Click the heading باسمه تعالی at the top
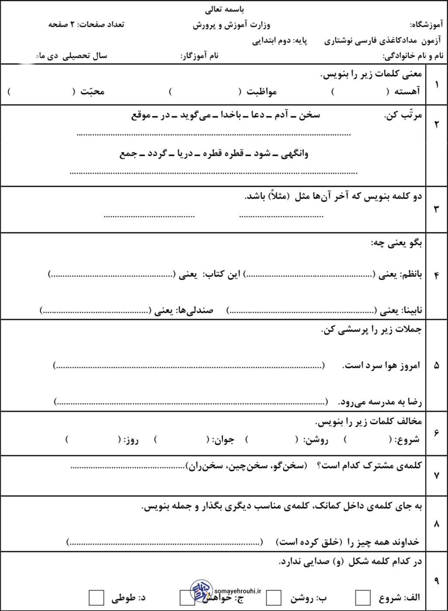[x=224, y=9]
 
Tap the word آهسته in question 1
[x=407, y=91]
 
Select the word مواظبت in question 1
[x=261, y=91]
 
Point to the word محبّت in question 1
[x=92, y=91]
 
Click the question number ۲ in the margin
[x=436, y=125]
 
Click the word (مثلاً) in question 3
[x=278, y=196]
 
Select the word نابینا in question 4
[x=412, y=310]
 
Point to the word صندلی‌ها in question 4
[x=194, y=310]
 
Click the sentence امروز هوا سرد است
[x=382, y=365]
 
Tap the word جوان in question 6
[x=224, y=440]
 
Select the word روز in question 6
[x=131, y=440]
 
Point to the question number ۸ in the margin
[x=436, y=524]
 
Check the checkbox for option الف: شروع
[x=363, y=597]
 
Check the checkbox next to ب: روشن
[x=273, y=597]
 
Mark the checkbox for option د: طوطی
[x=96, y=597]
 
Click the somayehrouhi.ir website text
[x=238, y=590]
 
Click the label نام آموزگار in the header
[x=200, y=56]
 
